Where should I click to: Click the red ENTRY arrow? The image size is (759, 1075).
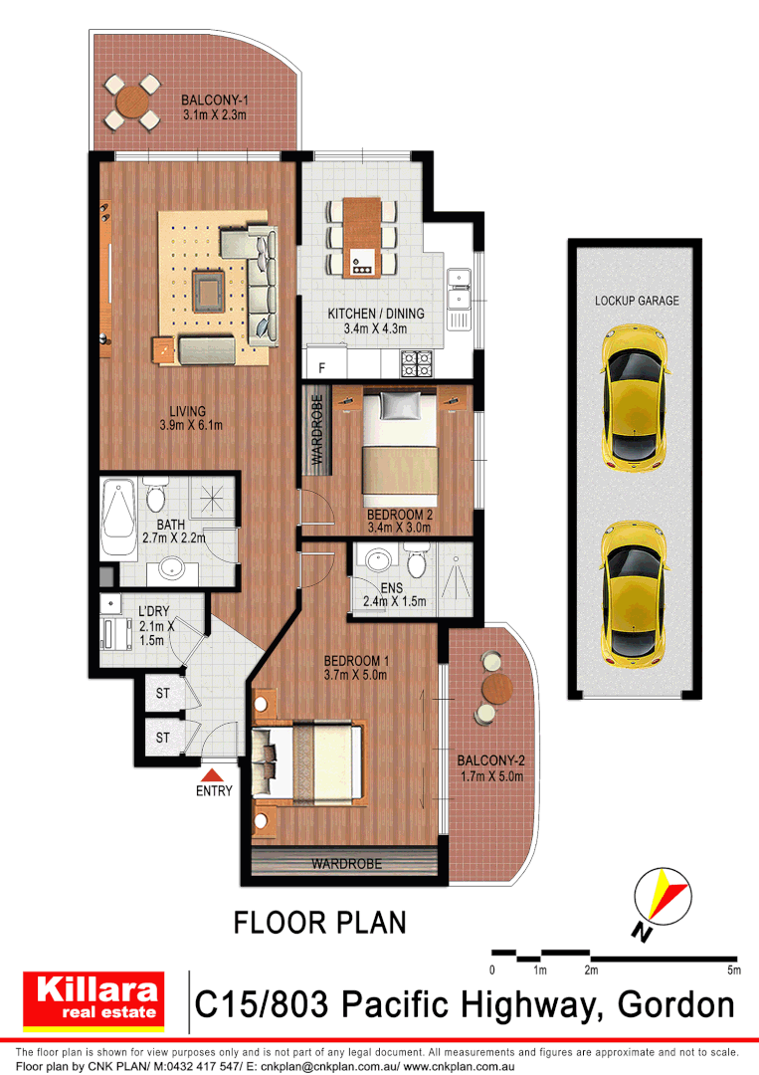coord(213,774)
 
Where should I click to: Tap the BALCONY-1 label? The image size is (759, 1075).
coord(214,101)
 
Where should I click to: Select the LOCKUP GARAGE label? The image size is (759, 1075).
coord(637,300)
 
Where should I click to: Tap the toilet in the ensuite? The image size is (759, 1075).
coord(418,563)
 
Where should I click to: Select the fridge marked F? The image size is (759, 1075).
coord(321,367)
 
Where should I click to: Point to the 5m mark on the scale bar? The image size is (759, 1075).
coord(733,969)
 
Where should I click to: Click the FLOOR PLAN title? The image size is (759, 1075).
coord(319,923)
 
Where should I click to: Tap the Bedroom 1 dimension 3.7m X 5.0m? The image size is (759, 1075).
coord(355,675)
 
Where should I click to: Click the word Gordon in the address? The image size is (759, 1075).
coord(676,1004)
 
